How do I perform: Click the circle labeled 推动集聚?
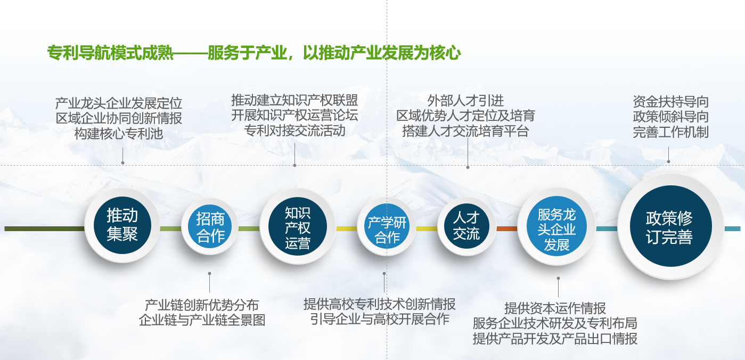click(122, 225)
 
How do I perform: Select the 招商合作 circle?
click(210, 227)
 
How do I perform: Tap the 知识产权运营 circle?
click(298, 227)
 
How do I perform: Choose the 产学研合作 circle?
click(387, 227)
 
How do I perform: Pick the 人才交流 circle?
click(466, 227)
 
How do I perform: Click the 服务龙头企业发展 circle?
click(556, 227)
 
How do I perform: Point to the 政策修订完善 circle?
click(670, 226)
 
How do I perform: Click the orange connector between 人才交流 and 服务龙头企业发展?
click(507, 228)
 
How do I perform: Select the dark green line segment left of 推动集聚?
click(45, 228)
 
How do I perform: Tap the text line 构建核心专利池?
click(118, 134)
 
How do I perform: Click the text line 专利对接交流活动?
click(294, 130)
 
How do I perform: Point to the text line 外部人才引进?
click(465, 101)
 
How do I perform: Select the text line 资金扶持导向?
click(670, 102)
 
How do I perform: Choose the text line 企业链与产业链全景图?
click(202, 320)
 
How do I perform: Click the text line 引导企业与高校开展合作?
click(380, 319)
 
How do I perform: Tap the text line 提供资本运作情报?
click(555, 308)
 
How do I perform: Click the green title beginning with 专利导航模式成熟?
click(254, 53)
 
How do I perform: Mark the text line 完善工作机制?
click(670, 132)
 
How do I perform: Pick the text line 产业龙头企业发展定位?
click(118, 103)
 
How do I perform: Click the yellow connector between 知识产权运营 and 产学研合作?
click(346, 228)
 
